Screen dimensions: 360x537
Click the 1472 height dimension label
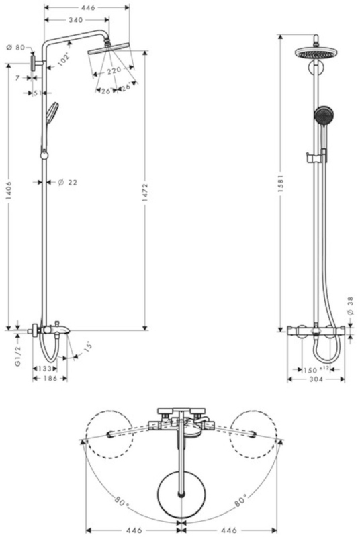coord(145,193)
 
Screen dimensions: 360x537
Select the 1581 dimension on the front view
coord(281,182)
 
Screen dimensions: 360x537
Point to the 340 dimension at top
coord(76,20)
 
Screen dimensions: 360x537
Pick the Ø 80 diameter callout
coord(15,48)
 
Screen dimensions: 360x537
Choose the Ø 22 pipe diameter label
coord(67,182)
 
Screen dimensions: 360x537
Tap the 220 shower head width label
coord(114,71)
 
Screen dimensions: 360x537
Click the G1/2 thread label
coord(18,356)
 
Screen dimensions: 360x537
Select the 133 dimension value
coord(45,369)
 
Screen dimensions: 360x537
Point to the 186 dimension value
coord(50,379)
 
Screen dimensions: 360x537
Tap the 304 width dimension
coord(316,379)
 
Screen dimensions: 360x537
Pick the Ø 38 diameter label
coord(350,306)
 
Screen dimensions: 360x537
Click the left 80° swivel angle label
coord(122,502)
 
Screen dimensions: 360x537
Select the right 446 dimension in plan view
coord(229,530)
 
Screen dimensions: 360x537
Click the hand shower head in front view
coord(323,115)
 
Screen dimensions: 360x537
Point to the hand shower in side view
coord(52,112)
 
